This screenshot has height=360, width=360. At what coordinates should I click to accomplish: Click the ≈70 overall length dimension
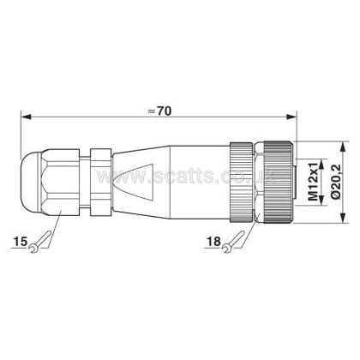[x=160, y=111]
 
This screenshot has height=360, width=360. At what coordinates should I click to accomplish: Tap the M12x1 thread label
[x=314, y=182]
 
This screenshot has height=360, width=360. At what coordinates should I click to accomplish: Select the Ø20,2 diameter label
[x=336, y=182]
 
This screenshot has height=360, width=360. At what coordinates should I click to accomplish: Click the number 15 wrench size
[x=21, y=242]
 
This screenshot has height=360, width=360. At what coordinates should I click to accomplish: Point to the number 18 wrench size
[x=214, y=242]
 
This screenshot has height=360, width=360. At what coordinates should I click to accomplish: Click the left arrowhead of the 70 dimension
[x=26, y=117]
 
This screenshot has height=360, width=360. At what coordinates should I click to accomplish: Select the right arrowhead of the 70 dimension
[x=291, y=117]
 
